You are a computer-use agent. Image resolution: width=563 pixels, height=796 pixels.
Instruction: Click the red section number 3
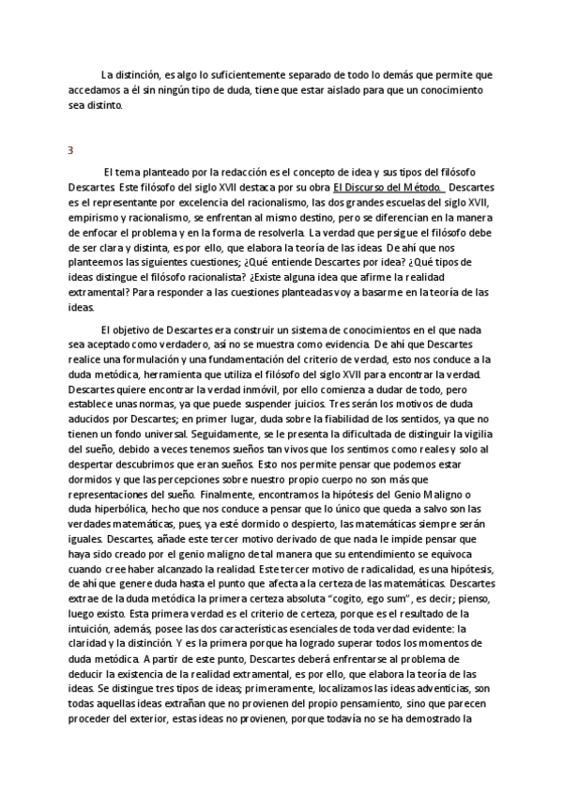click(x=70, y=151)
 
